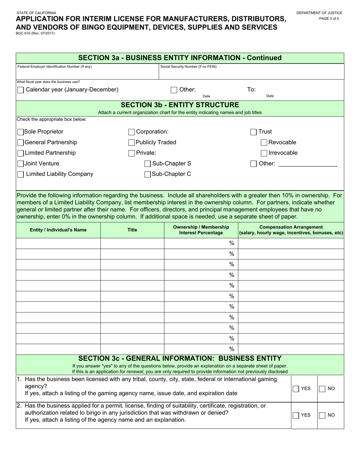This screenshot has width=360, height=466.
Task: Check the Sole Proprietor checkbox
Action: [x=20, y=132]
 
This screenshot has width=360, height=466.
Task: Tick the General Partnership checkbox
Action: [x=20, y=143]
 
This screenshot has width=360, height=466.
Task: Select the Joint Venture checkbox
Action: [x=20, y=164]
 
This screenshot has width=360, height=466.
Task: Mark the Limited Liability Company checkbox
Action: [x=20, y=175]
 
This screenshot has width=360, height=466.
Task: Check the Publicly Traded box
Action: [x=131, y=143]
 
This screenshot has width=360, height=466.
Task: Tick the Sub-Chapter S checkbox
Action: [x=147, y=164]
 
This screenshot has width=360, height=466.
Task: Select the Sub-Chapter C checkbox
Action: [x=147, y=175]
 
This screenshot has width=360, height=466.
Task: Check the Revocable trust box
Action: [x=264, y=143]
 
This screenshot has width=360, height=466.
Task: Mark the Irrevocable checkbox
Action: [x=264, y=153]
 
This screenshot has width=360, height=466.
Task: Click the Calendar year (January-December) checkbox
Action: [x=20, y=90]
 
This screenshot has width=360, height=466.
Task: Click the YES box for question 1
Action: [x=296, y=389]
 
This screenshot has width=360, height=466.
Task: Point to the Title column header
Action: [x=132, y=230]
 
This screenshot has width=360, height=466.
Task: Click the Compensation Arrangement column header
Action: [x=291, y=230]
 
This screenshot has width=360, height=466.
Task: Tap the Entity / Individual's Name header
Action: [x=58, y=230]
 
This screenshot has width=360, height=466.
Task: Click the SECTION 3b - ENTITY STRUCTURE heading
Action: [x=180, y=105]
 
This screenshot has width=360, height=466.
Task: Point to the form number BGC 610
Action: [x=35, y=33]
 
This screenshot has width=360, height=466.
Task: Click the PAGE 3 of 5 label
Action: [x=329, y=19]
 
